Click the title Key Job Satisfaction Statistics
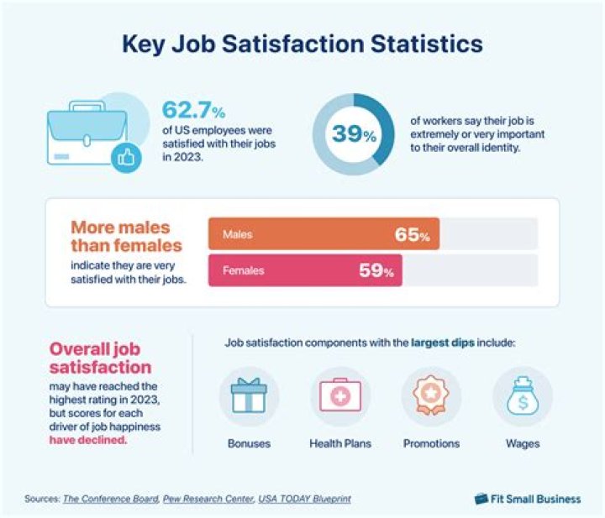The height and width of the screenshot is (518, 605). coord(302,43)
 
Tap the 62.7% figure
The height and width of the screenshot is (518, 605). coord(194,111)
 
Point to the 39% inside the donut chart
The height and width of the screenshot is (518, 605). coord(352,133)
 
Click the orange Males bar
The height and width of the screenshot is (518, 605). coord(324,235)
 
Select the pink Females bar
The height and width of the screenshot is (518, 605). coord(305,271)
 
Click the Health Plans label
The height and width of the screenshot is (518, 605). coord(340,443)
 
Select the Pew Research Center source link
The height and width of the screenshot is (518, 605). coord(208,499)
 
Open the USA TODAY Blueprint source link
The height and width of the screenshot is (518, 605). coord(304,499)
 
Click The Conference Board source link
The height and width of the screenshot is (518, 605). coord(108,499)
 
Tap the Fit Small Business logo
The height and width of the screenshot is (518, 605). coord(527,499)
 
